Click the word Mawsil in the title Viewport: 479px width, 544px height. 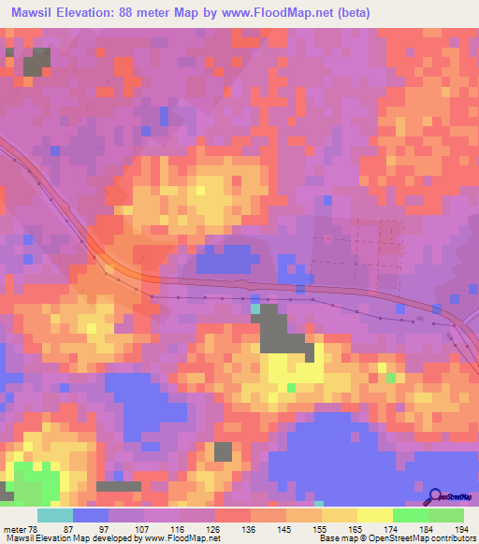pos(36,12)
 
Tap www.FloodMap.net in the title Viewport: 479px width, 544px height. pos(283,12)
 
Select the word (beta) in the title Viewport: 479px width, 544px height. pos(354,12)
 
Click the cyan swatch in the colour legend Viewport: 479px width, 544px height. pos(54,516)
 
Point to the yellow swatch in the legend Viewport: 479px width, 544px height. pos(374,516)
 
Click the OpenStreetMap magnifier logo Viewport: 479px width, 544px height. pos(433,495)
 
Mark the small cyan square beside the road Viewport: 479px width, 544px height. pos(255,308)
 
